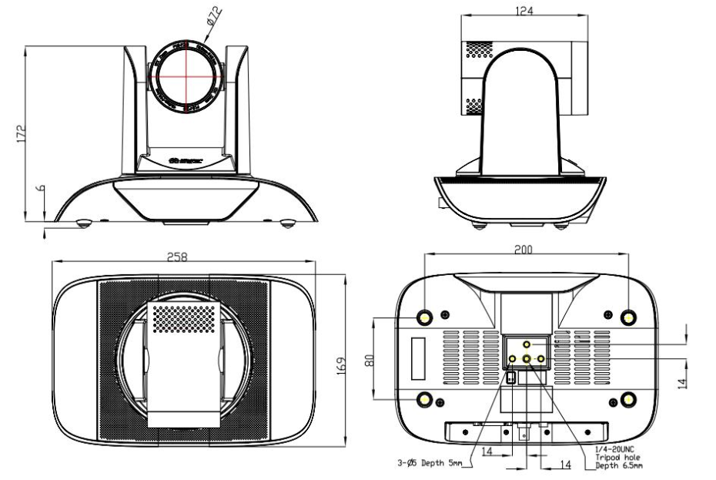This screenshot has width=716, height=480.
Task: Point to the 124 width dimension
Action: [527, 10]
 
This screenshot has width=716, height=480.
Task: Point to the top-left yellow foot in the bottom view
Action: [424, 317]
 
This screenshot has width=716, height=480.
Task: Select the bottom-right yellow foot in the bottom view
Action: [628, 398]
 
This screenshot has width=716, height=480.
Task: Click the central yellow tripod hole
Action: [527, 359]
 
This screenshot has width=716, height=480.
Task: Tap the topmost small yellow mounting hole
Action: [527, 344]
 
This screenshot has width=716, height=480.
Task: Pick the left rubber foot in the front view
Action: [84, 223]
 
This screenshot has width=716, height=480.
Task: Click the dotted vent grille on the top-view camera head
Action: [183, 317]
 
